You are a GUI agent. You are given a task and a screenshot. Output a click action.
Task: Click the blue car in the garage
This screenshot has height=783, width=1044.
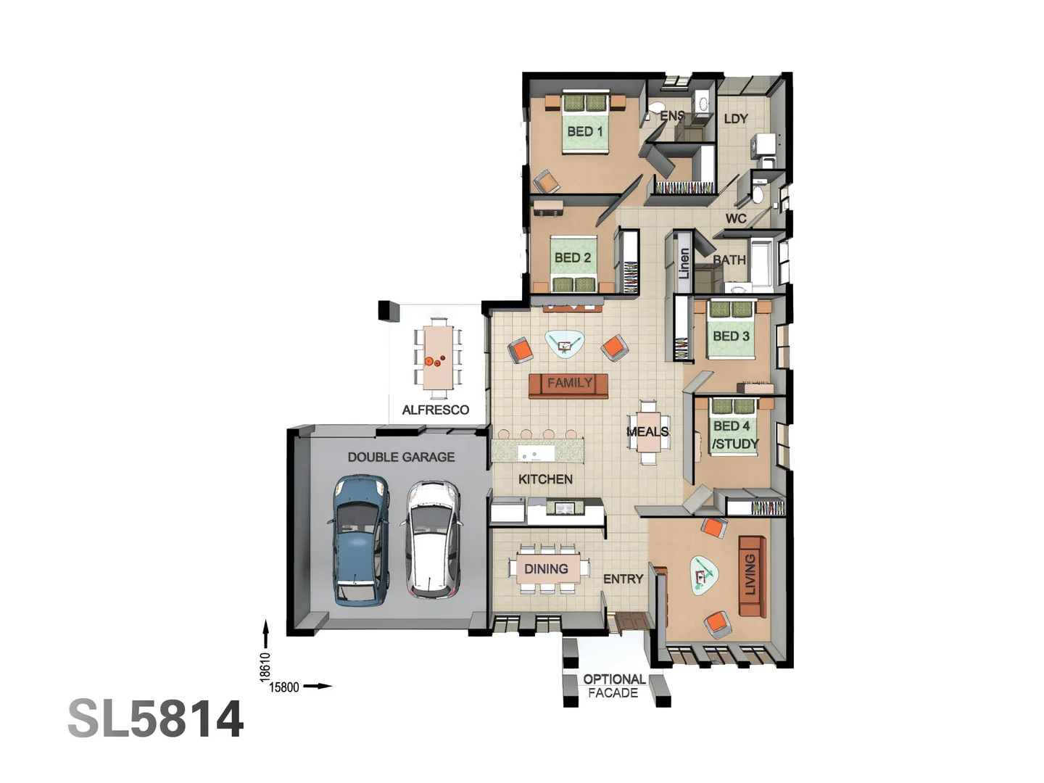(360, 540)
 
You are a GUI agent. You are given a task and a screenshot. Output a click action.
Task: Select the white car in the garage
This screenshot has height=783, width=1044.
(432, 539)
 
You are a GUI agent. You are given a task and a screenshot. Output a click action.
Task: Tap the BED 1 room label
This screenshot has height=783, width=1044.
(584, 131)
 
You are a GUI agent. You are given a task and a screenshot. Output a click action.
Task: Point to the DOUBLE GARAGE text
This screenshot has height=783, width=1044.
(401, 457)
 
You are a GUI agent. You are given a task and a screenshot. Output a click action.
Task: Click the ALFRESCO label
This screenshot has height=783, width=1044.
(435, 410)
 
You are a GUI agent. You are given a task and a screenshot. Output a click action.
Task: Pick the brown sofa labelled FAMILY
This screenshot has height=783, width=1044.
(568, 384)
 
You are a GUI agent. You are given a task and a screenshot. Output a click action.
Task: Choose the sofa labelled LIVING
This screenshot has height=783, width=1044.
(751, 576)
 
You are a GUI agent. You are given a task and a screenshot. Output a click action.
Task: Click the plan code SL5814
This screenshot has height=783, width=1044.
(156, 719)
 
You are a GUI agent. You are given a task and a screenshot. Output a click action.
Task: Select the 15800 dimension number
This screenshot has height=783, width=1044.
(283, 687)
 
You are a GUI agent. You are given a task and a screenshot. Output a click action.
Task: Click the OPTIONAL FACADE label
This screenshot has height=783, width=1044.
(613, 686)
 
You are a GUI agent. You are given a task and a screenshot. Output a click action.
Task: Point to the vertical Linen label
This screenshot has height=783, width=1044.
(684, 264)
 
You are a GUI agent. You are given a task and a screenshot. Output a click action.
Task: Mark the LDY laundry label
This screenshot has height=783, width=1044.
(736, 119)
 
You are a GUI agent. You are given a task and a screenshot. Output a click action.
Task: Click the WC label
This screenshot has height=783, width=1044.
(735, 218)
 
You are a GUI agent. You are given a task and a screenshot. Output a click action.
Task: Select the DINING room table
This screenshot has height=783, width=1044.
(547, 569)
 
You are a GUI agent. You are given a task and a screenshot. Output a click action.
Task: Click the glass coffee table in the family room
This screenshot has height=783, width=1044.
(564, 344)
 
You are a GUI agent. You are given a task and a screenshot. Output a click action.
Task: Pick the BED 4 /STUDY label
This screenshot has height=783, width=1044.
(734, 435)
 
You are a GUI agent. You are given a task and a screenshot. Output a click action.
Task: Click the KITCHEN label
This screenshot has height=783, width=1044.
(545, 479)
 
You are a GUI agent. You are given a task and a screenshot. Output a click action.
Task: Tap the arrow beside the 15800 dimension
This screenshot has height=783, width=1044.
(318, 687)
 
